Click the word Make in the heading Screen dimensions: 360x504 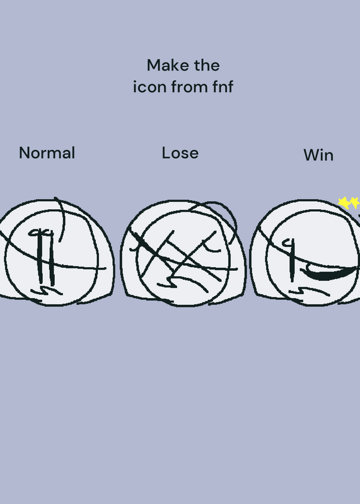pos(168,66)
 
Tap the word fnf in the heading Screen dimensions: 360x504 pos(223,86)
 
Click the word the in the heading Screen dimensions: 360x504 pos(207,66)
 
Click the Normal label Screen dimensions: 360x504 pos(47,152)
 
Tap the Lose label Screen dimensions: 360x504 pos(180,153)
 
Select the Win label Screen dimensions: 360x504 pos(318,155)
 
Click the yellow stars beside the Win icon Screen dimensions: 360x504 pos(349,203)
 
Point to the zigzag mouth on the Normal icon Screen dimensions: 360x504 pos(47,291)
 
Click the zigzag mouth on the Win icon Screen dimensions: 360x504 pos(309,291)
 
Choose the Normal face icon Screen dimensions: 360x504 pos(55,253)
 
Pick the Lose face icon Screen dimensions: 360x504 pos(183,253)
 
